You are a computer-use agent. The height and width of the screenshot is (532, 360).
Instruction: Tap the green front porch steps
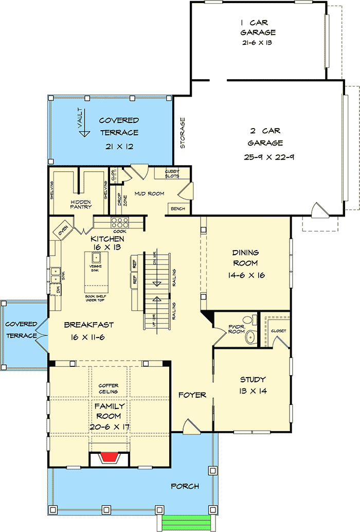[186, 524]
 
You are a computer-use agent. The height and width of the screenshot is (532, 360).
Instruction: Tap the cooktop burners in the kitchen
[120, 222]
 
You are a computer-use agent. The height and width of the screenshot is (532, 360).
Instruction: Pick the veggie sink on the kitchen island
[96, 258]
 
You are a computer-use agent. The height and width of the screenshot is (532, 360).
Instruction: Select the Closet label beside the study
[278, 331]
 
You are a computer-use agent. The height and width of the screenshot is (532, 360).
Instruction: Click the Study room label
[253, 380]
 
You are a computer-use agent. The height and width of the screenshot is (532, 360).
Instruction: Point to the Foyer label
[192, 395]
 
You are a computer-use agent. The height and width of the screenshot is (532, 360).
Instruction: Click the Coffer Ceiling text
[109, 388]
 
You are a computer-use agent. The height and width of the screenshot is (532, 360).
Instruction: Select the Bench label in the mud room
[178, 209]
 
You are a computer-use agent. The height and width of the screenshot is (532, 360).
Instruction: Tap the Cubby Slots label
[172, 173]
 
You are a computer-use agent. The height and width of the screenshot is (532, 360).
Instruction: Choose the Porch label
[185, 486]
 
